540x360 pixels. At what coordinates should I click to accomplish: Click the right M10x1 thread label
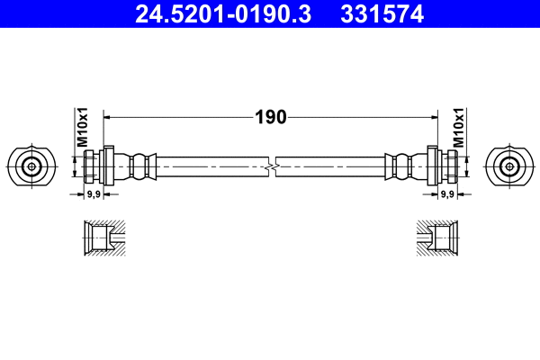[x=458, y=128]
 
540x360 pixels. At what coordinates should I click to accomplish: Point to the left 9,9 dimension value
[x=92, y=193]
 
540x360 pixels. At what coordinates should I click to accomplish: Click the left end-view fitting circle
[x=32, y=166]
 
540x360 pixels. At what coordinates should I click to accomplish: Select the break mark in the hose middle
[x=271, y=166]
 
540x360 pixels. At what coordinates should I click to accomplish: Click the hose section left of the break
[x=211, y=166]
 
